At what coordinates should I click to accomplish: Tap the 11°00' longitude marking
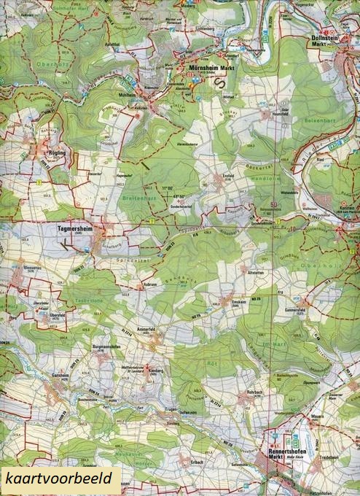pyautogui.click(x=169, y=188)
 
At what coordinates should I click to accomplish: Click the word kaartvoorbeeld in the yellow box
pyautogui.click(x=57, y=478)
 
